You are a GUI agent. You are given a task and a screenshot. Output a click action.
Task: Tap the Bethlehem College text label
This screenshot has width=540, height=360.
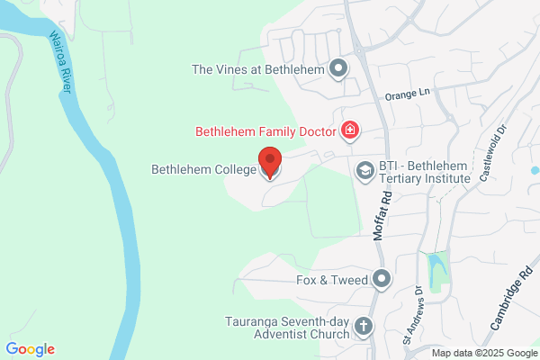202,168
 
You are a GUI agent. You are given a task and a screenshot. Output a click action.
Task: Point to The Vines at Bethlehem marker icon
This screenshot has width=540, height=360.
338,67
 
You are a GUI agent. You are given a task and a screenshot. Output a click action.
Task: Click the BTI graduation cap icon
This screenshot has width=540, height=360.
364,170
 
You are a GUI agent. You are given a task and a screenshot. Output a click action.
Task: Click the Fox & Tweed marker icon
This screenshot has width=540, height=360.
382,280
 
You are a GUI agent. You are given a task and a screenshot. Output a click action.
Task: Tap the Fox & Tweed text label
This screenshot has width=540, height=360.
332,280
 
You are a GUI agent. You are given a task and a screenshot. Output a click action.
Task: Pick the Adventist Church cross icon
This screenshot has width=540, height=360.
364,326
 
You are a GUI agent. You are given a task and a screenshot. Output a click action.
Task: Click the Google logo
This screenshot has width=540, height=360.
30,349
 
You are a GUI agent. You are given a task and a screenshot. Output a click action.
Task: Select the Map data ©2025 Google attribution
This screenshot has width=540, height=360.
483,352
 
